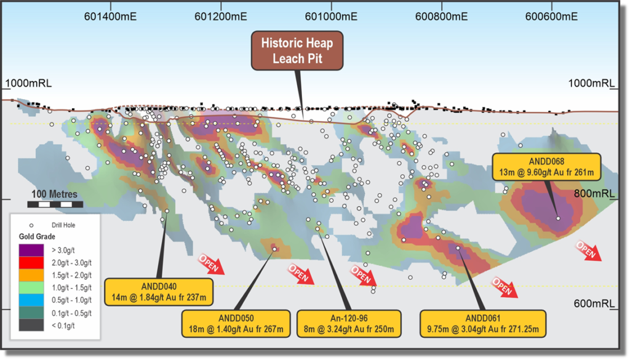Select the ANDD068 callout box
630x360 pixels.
(x=543, y=166)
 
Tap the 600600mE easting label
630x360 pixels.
(x=552, y=17)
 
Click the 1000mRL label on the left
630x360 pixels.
(x=24, y=83)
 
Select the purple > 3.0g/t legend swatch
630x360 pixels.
(x=31, y=250)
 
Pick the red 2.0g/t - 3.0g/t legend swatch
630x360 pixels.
(x=31, y=262)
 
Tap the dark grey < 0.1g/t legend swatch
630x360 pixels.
(x=31, y=325)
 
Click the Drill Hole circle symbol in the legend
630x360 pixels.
(x=31, y=225)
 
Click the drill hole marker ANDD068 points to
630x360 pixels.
(x=558, y=218)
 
